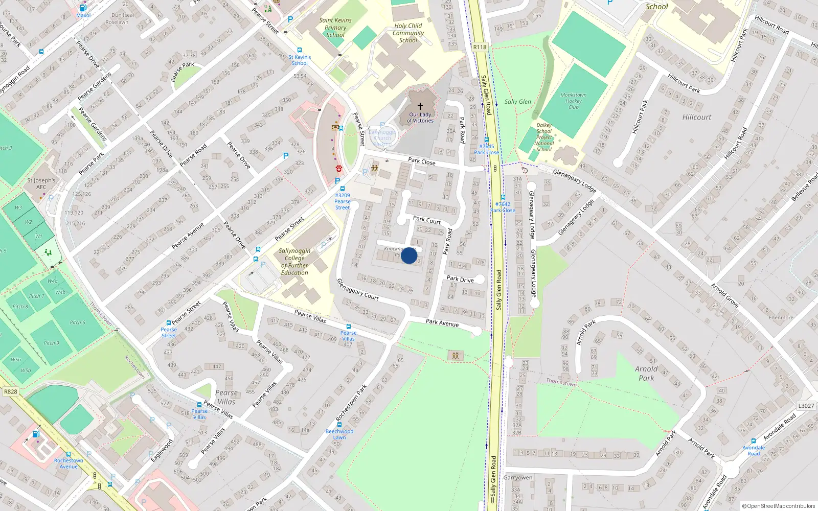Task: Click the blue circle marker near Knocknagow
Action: click(409, 255)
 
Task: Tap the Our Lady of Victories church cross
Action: click(420, 106)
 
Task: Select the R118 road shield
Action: click(480, 47)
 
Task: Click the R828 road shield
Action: click(10, 391)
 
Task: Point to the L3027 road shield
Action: click(806, 406)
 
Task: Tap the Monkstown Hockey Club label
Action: click(573, 101)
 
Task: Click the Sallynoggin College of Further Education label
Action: click(294, 262)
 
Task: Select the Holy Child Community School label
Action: click(408, 33)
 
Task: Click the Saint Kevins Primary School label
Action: click(335, 28)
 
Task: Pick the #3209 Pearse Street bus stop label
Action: click(343, 201)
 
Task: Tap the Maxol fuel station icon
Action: click(83, 8)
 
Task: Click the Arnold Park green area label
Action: click(646, 373)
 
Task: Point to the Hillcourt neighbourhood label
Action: click(696, 117)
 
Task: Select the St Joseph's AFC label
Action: click(41, 183)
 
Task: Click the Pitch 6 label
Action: click(78, 322)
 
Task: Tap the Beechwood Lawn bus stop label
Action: click(339, 434)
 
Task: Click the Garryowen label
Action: click(518, 477)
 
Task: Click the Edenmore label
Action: click(781, 317)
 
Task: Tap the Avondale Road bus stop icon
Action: click(754, 440)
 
